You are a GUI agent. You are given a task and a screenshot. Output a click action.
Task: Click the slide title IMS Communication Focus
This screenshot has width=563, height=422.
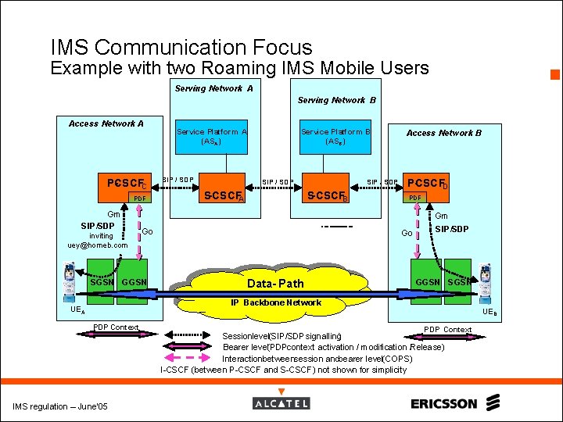[181, 48]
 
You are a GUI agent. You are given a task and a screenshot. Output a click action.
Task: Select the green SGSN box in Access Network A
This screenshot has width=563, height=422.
[100, 281]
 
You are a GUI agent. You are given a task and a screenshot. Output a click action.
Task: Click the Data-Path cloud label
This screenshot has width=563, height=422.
[275, 283]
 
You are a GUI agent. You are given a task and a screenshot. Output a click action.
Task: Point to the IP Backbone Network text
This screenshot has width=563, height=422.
[275, 302]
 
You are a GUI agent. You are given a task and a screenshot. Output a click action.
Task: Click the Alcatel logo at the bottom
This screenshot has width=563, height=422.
[281, 403]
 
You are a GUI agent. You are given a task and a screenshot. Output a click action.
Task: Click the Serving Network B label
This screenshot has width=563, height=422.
[336, 100]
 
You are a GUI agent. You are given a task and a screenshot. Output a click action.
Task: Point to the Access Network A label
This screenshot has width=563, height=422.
[106, 123]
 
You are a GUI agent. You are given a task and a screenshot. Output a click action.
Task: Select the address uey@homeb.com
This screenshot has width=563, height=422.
[97, 245]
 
